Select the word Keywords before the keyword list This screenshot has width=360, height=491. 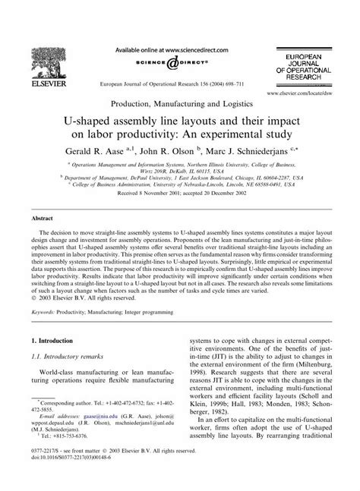(x=45, y=312)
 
